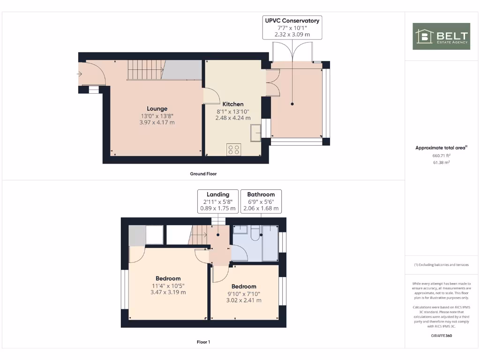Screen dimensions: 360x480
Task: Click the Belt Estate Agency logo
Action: pyautogui.click(x=441, y=36)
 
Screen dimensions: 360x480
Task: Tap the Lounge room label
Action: pyautogui.click(x=157, y=109)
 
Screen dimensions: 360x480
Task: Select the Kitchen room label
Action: pyautogui.click(x=232, y=104)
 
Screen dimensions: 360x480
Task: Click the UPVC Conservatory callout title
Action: pyautogui.click(x=292, y=21)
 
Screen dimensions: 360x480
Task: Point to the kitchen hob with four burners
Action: pyautogui.click(x=233, y=150)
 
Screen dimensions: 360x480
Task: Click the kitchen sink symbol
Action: pyautogui.click(x=256, y=132)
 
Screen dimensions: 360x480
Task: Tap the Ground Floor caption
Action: pyautogui.click(x=203, y=174)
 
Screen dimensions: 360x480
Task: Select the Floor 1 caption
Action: pyautogui.click(x=203, y=342)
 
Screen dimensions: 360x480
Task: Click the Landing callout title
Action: pyautogui.click(x=218, y=194)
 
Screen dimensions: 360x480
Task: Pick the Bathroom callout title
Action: pyautogui.click(x=261, y=194)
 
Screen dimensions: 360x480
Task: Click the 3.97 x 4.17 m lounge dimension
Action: pyautogui.click(x=157, y=122)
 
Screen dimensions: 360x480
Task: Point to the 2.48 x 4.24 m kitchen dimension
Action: pyautogui.click(x=232, y=118)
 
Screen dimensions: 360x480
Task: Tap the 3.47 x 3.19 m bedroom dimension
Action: pyautogui.click(x=168, y=292)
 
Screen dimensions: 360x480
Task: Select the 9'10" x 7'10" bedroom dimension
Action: pyautogui.click(x=244, y=294)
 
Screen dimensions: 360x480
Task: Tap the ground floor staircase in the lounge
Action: pyautogui.click(x=145, y=70)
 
